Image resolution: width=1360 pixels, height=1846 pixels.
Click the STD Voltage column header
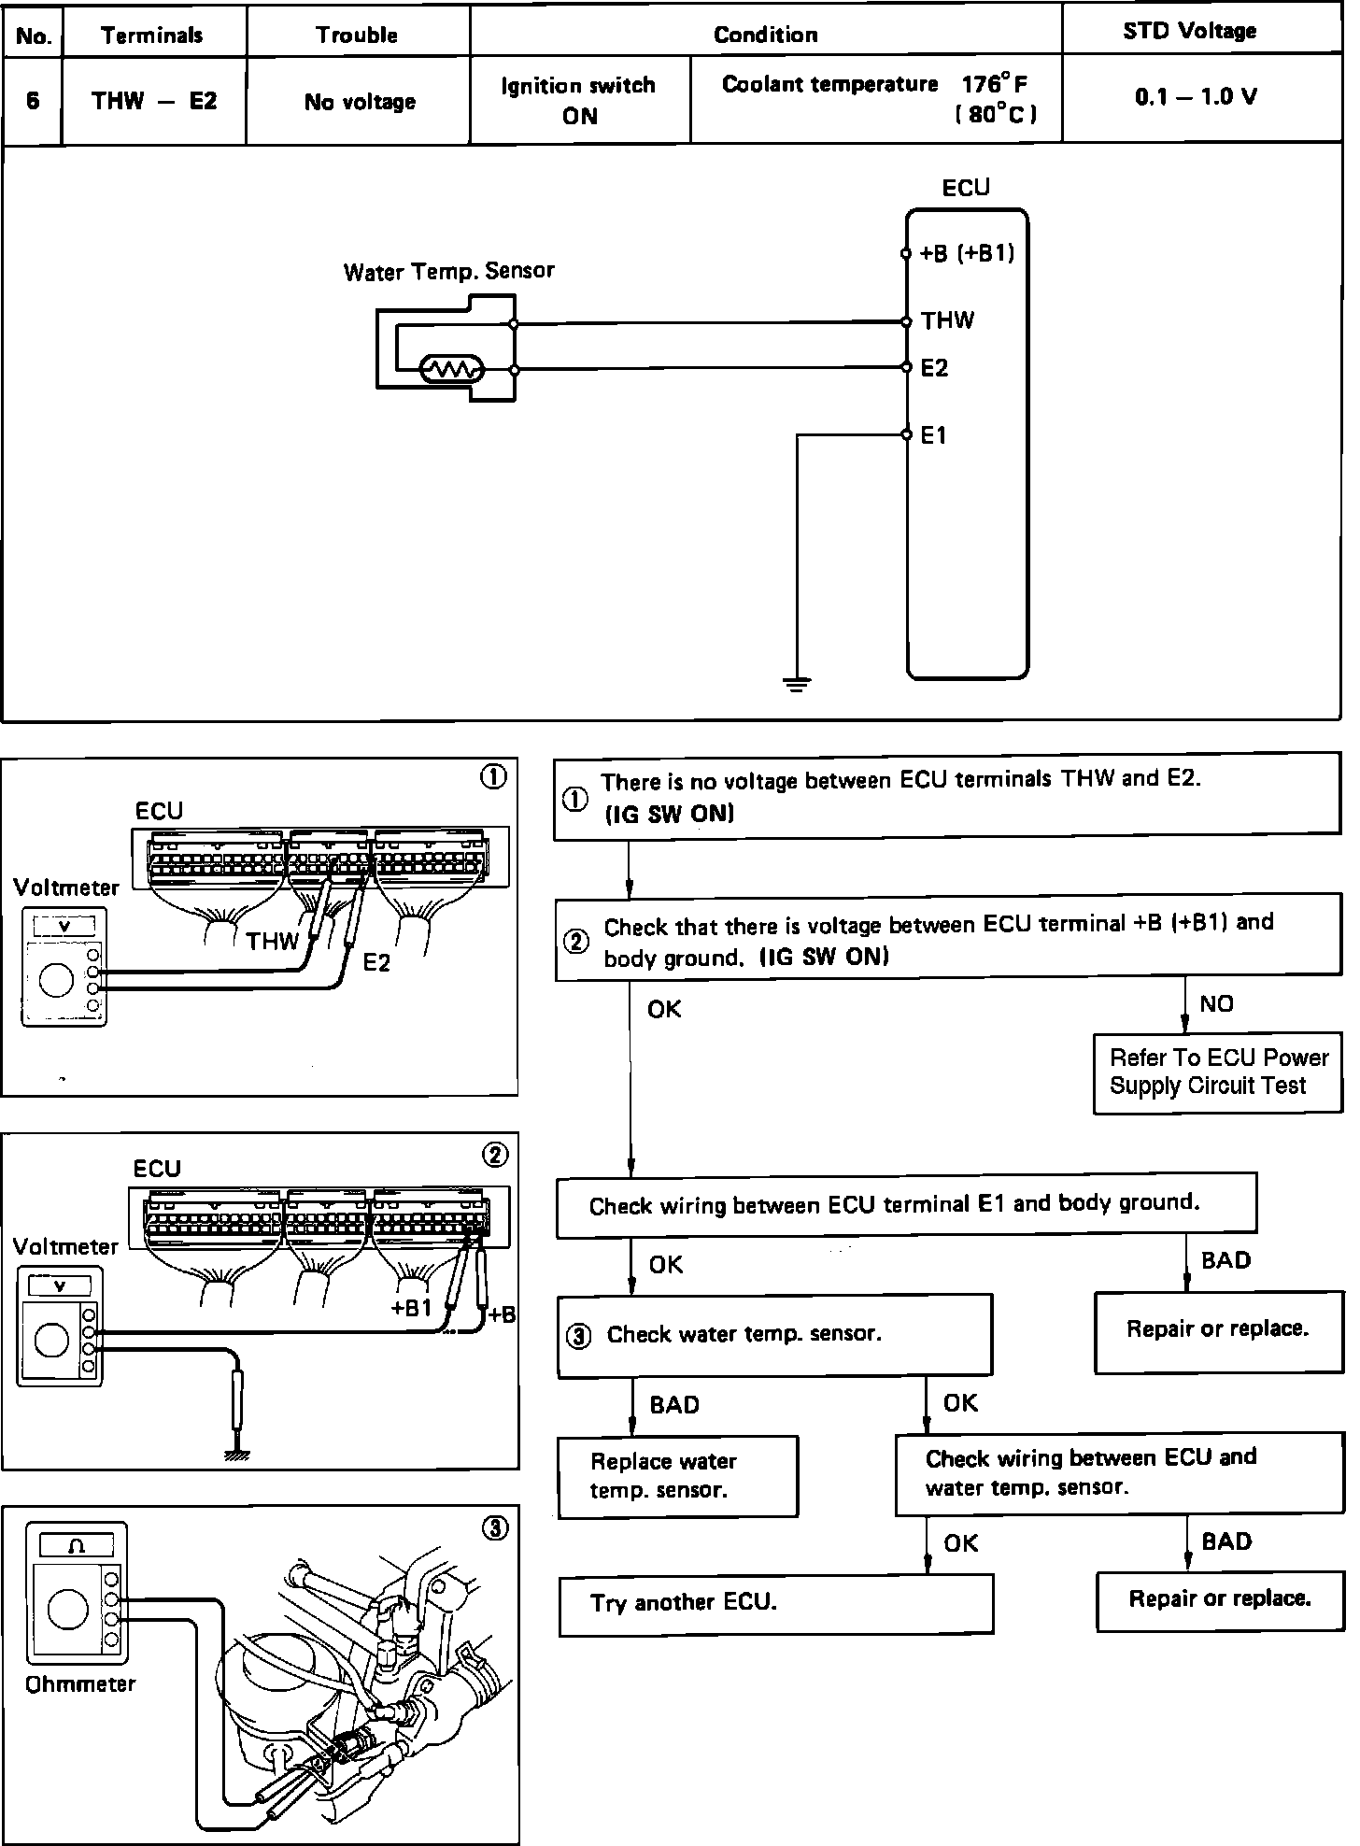coord(1189,31)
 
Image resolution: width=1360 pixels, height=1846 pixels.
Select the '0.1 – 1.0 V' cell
coord(1196,97)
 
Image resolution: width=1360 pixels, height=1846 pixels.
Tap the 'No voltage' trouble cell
coord(360,102)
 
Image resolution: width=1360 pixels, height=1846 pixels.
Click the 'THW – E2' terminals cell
coord(154,101)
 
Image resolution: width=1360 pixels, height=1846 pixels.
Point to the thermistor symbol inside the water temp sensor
coord(452,370)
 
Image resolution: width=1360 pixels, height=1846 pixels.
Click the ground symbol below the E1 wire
coord(797,685)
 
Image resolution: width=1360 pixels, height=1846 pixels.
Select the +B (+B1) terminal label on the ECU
coord(967,253)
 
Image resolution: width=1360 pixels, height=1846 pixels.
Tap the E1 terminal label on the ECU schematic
coord(933,435)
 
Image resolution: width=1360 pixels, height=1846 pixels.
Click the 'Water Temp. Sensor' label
coord(448,272)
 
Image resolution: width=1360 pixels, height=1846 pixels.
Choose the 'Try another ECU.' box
coord(775,1604)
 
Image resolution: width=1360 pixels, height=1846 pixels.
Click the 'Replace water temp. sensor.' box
coord(677,1475)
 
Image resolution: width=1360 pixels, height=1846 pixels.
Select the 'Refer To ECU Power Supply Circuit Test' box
coord(1218,1072)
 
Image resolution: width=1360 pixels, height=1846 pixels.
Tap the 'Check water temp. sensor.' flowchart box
coord(774,1334)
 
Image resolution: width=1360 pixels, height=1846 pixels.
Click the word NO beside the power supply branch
coord(1216,1004)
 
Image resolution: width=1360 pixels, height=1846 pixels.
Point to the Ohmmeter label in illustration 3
coord(80,1684)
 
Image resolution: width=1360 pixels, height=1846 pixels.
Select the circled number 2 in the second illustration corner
coord(494,1155)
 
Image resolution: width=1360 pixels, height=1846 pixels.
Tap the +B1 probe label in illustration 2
coord(411,1308)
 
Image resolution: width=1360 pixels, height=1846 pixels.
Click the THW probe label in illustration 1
coord(273,941)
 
